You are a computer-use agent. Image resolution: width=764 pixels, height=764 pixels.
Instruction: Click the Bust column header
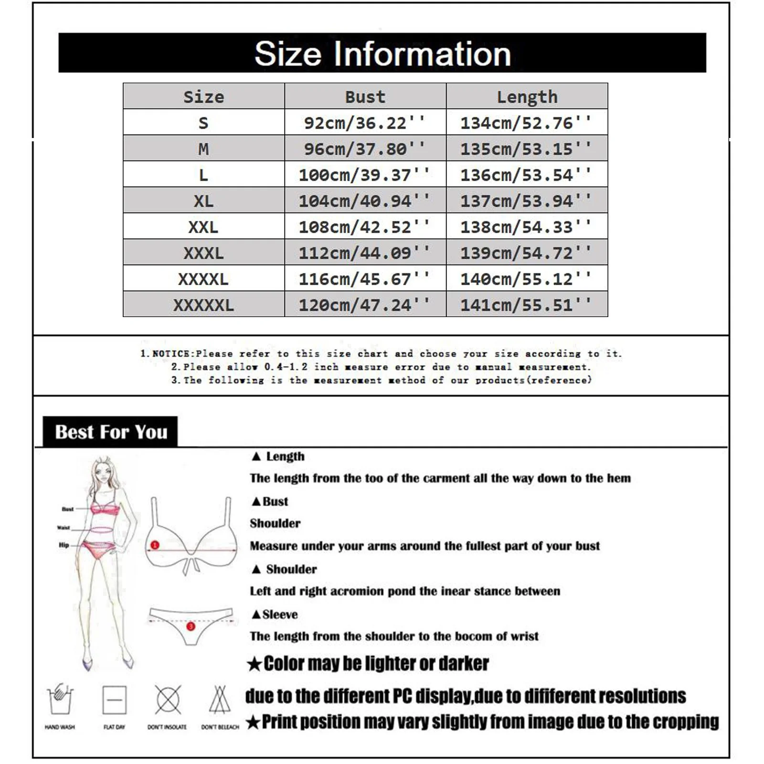tap(365, 97)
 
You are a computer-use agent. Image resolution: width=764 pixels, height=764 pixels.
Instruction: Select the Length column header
tap(527, 97)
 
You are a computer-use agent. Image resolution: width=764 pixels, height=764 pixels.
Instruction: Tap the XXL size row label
tap(203, 227)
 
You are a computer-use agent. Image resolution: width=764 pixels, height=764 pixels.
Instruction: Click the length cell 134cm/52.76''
tap(526, 123)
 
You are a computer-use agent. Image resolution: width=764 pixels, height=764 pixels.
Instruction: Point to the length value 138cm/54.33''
tap(526, 227)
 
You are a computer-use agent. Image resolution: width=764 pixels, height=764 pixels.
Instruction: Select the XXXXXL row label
tap(203, 305)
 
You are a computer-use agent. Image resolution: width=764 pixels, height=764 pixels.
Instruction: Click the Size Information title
tap(382, 53)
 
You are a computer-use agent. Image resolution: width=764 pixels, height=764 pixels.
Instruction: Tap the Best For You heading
tap(111, 432)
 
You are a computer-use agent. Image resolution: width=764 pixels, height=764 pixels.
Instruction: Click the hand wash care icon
tap(60, 700)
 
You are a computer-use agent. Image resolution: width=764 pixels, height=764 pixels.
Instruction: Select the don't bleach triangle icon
tap(220, 700)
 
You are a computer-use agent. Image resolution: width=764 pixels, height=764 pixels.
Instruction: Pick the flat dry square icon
tap(115, 700)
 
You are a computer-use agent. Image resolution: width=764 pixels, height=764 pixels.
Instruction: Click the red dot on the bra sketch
tap(155, 545)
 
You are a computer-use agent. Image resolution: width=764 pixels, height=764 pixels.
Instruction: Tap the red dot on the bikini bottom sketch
tap(191, 626)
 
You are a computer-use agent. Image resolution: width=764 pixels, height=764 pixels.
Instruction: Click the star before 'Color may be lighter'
tap(255, 664)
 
